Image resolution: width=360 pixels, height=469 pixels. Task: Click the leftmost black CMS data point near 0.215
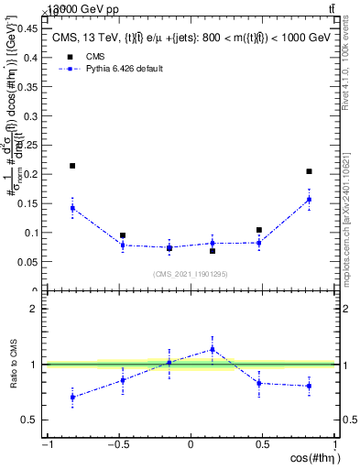tap(72, 166)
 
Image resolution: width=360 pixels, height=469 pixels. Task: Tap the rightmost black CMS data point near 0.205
tap(310, 171)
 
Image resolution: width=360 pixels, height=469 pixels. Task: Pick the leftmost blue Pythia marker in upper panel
tap(72, 208)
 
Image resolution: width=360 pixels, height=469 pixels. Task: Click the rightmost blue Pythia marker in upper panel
tap(310, 200)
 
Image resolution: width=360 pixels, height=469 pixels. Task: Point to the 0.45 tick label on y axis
tap(28, 27)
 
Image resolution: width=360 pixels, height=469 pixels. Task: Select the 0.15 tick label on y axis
tap(28, 203)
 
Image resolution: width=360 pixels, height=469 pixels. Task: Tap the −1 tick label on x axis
tap(46, 445)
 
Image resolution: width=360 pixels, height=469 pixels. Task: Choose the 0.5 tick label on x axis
tap(263, 445)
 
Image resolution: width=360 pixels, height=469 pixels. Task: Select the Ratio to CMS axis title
tap(15, 377)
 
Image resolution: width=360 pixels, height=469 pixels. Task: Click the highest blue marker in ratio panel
tap(213, 349)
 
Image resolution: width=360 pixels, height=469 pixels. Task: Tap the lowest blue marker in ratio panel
tap(72, 397)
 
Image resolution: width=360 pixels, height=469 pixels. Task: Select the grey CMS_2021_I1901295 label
tap(190, 274)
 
